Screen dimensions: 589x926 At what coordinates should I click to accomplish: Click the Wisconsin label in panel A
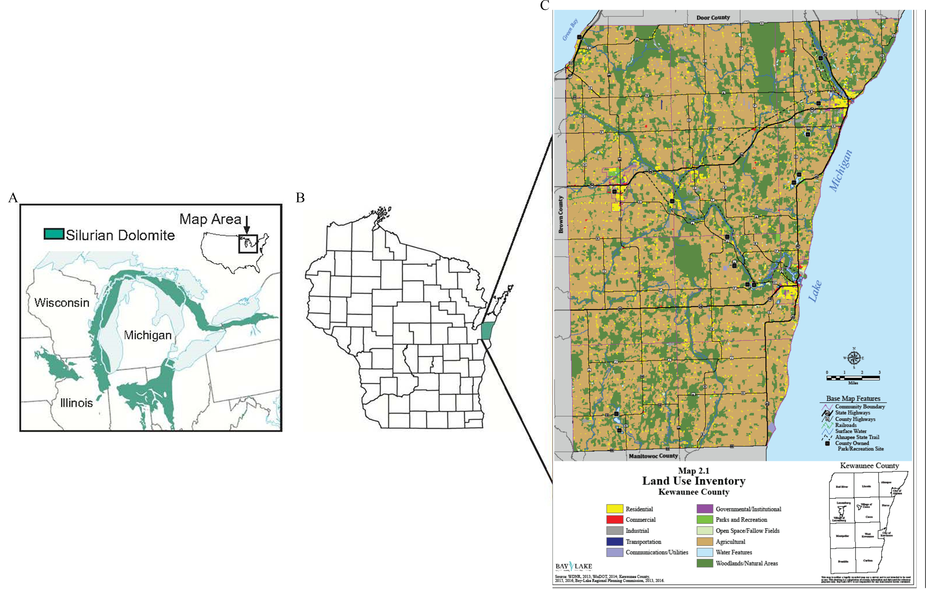(62, 303)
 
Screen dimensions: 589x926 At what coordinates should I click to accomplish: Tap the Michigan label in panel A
(148, 335)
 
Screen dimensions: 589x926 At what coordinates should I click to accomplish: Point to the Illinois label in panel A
(77, 403)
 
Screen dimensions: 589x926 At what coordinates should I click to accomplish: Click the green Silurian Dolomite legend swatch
(54, 234)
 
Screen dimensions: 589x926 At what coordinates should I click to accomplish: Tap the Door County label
(713, 18)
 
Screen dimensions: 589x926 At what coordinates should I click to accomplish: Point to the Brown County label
(561, 214)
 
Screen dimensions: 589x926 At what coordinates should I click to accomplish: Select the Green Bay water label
(570, 30)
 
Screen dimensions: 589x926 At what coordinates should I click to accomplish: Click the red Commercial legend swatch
(614, 520)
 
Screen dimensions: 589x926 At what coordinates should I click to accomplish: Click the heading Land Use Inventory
(694, 481)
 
